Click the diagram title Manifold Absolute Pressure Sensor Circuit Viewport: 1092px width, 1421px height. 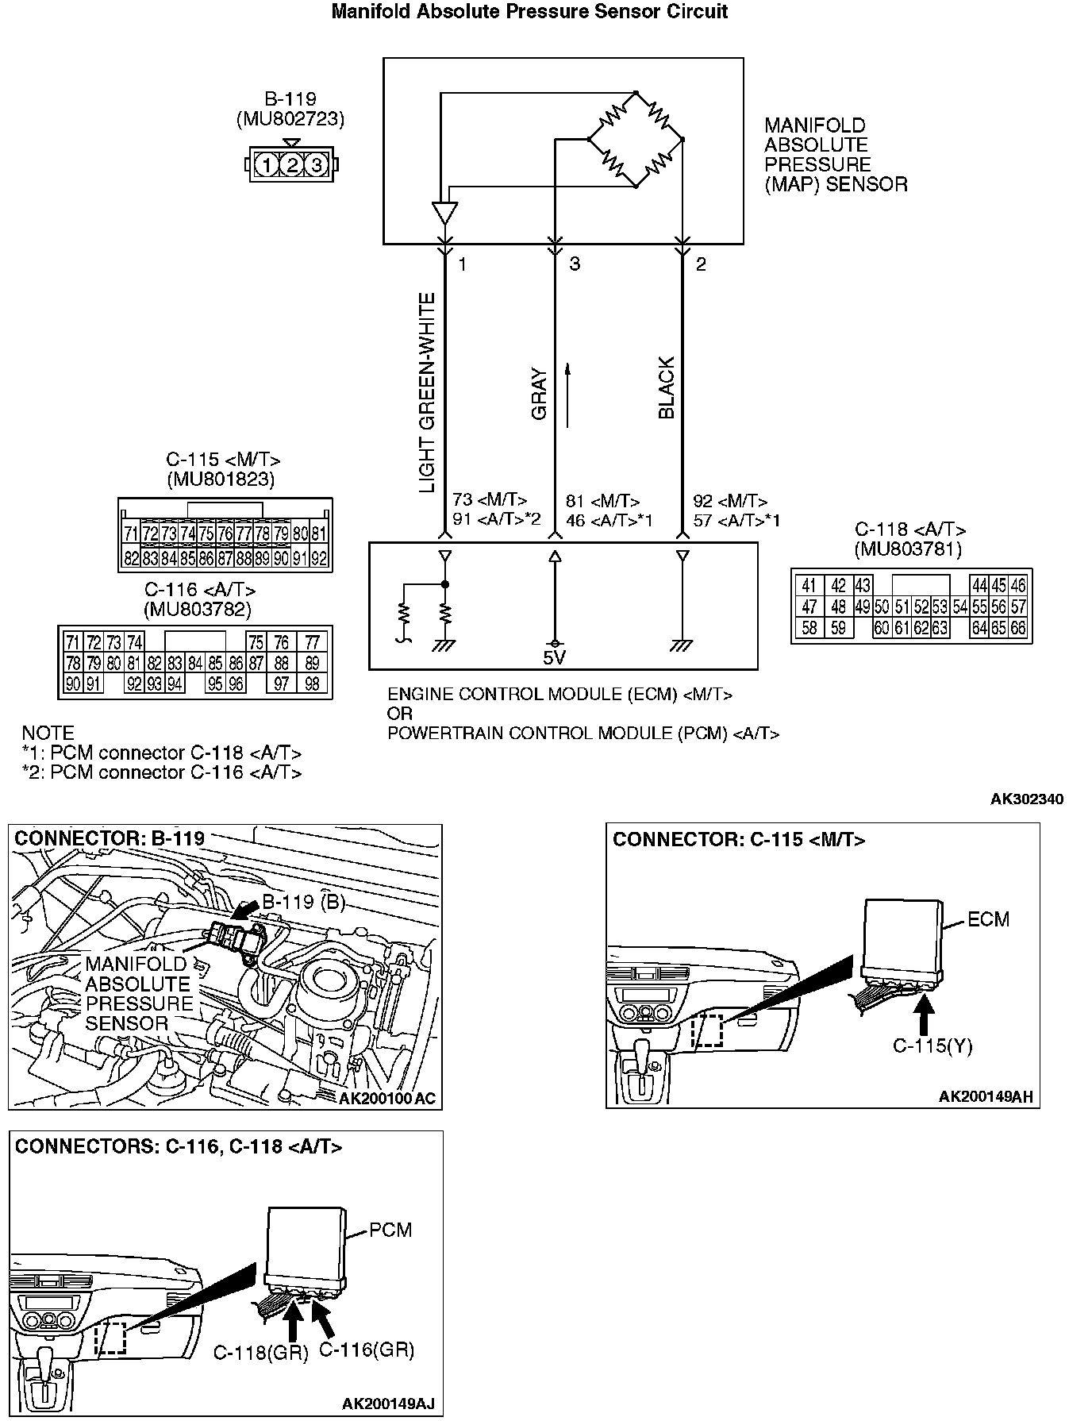pyautogui.click(x=529, y=11)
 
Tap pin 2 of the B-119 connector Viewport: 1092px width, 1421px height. pyautogui.click(x=292, y=165)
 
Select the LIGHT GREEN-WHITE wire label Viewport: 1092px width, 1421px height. pyautogui.click(x=427, y=392)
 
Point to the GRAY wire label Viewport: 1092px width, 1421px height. pyautogui.click(x=540, y=393)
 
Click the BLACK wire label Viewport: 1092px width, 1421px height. pyautogui.click(x=667, y=387)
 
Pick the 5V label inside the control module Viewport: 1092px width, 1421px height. pyautogui.click(x=555, y=657)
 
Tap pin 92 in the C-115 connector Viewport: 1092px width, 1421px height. pyautogui.click(x=319, y=558)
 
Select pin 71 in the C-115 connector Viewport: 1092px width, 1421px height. pyautogui.click(x=131, y=533)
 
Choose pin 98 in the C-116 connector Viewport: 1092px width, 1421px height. pyautogui.click(x=312, y=684)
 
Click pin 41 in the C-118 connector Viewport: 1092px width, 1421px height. pyautogui.click(x=809, y=586)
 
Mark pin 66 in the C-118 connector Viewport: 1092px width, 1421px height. pyautogui.click(x=1018, y=628)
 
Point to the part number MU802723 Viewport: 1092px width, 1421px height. pyautogui.click(x=290, y=119)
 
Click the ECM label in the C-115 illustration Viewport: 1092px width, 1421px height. pyautogui.click(x=989, y=919)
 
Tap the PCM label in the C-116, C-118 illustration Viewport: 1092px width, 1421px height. pyautogui.click(x=391, y=1230)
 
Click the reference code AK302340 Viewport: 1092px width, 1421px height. pyautogui.click(x=1027, y=799)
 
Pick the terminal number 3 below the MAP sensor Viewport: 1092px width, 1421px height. pyautogui.click(x=575, y=264)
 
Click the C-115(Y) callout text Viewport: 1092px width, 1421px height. pyautogui.click(x=932, y=1046)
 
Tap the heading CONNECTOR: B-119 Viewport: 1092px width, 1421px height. pyautogui.click(x=110, y=838)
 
